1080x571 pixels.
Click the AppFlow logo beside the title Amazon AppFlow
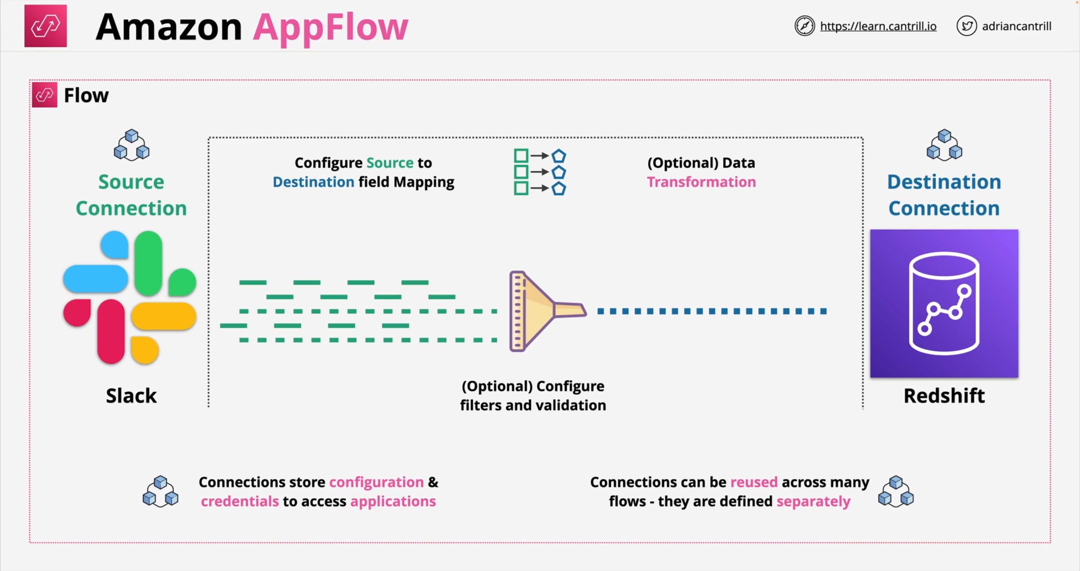point(45,26)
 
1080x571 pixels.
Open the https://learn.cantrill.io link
point(878,26)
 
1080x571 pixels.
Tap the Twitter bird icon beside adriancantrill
point(967,26)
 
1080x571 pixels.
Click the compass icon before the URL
point(804,26)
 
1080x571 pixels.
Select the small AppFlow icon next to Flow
point(44,95)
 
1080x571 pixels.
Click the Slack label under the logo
point(131,396)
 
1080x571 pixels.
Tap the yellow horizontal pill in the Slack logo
point(164,316)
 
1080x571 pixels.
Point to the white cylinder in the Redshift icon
point(944,303)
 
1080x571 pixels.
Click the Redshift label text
point(944,396)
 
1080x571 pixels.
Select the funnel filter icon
point(541,311)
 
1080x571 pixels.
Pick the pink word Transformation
point(701,182)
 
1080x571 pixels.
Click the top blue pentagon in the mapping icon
point(559,156)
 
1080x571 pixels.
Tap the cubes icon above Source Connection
point(131,145)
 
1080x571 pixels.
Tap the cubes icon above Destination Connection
point(944,145)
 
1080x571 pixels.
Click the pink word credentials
point(240,501)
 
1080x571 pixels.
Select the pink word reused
point(754,482)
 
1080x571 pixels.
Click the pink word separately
point(813,501)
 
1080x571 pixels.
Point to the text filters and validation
point(533,405)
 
